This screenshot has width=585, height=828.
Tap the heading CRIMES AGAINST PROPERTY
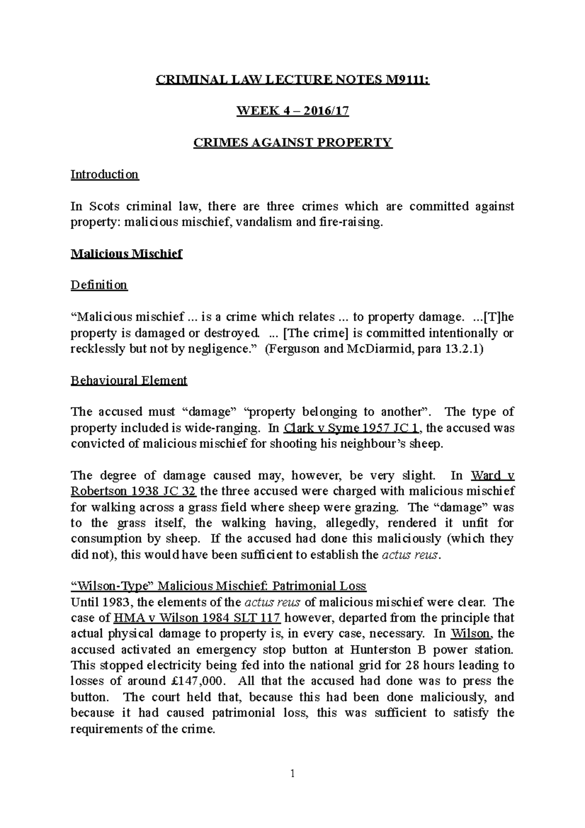coord(292,142)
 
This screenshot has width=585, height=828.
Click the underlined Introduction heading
coord(105,174)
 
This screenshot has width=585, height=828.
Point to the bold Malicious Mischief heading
coord(126,254)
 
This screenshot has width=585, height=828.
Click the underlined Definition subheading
coord(99,285)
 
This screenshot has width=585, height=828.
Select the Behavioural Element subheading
coord(129,380)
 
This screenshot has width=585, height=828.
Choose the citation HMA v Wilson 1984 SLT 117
coord(197,618)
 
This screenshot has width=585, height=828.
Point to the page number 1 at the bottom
coord(292,773)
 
